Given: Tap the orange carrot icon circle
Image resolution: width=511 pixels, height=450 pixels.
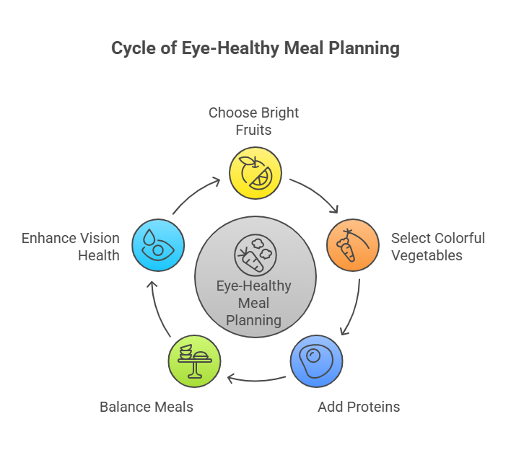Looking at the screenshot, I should point(353,245).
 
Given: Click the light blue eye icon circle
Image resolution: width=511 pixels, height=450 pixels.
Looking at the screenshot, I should point(157,245).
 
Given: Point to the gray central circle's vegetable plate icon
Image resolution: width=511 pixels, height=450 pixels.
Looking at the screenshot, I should point(255,255).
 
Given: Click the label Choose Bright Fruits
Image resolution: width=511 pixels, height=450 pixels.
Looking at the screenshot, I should point(253,121).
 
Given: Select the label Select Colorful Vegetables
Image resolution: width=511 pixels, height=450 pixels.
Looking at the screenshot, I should point(437,246).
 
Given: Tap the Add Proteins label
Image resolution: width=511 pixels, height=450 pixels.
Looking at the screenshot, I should point(359,407).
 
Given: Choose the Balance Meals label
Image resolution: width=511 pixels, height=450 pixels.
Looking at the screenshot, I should point(147,407).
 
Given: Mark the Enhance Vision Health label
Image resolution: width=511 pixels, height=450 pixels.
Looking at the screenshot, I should point(70,246).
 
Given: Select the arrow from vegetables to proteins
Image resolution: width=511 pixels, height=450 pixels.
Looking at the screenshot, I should point(351,306).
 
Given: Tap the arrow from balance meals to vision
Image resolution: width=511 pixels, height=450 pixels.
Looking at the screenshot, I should point(158,309).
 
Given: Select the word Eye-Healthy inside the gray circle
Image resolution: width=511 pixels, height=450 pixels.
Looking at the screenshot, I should point(254,286).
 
